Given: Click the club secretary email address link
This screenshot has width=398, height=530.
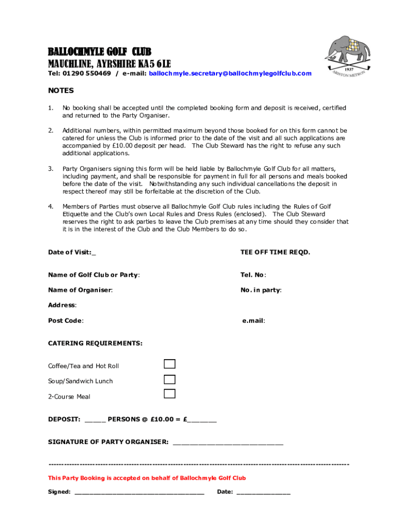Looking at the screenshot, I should tap(230, 73).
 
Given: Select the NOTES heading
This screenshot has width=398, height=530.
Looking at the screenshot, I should tap(61, 91).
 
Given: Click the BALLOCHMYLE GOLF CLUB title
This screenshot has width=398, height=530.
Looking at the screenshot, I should tap(100, 52).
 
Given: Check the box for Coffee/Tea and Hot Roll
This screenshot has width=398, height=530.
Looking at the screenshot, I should tap(170, 364).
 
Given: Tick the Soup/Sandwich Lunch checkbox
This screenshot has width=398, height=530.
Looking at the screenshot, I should tap(170, 379).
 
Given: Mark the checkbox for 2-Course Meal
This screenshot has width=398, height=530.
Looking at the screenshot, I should tap(170, 394).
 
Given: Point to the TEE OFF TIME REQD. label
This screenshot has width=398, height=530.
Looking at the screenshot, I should tap(275, 252).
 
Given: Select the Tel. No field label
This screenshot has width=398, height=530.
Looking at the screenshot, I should tap(253, 275).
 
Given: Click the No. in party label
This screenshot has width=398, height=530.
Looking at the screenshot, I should tap(261, 290).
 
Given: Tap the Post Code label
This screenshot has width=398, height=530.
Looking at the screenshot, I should tap(66, 320).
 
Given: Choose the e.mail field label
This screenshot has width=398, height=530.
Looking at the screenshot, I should tap(253, 320).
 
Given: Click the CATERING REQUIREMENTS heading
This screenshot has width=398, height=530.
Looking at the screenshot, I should tap(95, 343).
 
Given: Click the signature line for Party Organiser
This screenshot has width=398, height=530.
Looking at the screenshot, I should tap(227, 443).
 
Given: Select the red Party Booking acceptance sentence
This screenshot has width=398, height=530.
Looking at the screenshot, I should tap(147, 478).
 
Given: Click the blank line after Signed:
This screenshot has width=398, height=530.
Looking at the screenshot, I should tap(140, 493).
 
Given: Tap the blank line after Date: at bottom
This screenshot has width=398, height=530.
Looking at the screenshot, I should tap(263, 493).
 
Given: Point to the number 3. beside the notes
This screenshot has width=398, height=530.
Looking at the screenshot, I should tap(51, 169).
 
